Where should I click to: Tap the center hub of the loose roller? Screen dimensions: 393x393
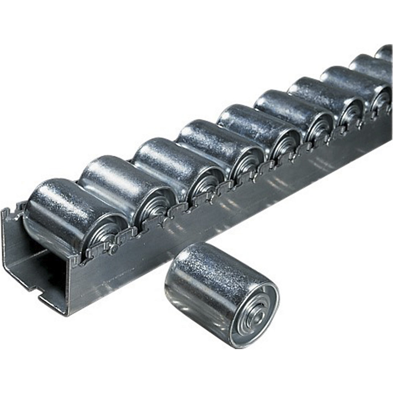pos(256,316)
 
